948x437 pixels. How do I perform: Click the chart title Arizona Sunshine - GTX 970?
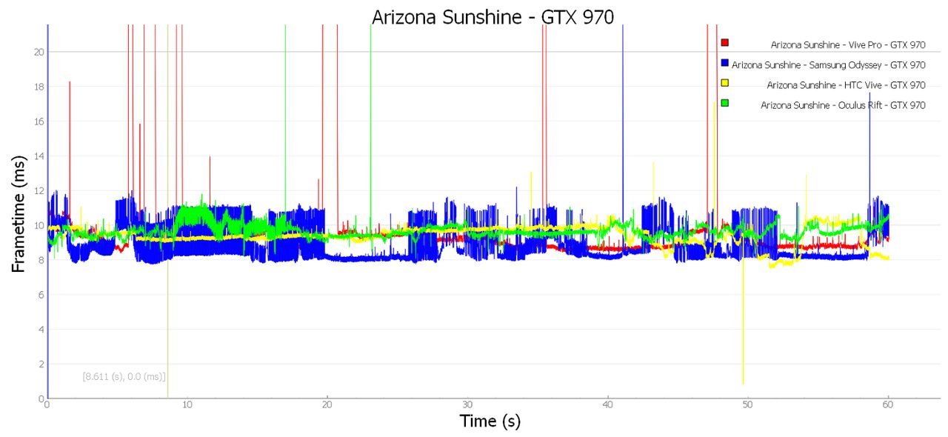493,17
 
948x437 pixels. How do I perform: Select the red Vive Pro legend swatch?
725,42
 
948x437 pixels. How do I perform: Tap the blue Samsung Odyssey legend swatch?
725,63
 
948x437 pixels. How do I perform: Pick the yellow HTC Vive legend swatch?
725,82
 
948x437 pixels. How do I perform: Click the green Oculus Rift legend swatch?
725,103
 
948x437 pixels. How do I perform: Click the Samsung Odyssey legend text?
828,64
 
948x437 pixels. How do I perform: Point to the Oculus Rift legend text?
843,105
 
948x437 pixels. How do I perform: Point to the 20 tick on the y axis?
39,52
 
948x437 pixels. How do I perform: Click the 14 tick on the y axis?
39,156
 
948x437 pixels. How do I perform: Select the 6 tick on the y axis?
41,295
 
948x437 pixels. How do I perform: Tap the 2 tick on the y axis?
41,364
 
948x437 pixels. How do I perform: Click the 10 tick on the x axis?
187,405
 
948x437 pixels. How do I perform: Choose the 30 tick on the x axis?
467,405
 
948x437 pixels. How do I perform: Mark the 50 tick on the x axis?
747,405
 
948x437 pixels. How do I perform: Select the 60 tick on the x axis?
887,405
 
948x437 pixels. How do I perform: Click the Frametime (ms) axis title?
19,214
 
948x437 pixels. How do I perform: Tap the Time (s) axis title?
490,421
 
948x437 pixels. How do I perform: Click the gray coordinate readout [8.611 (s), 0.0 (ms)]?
124,376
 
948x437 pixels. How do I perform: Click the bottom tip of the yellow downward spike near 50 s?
743,384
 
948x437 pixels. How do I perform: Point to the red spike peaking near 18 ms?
70,148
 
